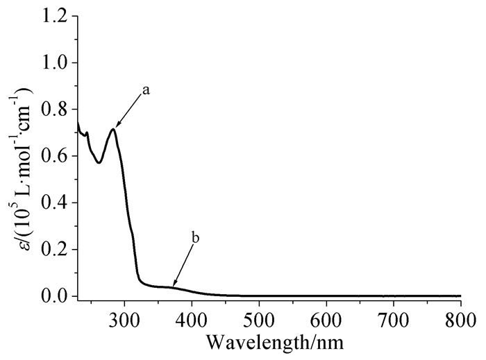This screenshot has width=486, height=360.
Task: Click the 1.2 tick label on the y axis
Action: pos(56,17)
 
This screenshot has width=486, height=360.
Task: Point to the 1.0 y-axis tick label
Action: pos(56,63)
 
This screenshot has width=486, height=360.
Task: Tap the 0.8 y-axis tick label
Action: pos(56,110)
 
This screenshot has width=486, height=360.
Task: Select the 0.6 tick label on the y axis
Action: pos(56,156)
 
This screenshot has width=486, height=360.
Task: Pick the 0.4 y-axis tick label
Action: pos(56,203)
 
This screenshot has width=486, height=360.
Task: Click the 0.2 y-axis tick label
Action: pos(56,249)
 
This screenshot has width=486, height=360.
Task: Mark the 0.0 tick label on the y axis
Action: pos(56,296)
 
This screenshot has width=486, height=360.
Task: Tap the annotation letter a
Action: pos(146,90)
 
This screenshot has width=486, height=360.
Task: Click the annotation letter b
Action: pos(196,239)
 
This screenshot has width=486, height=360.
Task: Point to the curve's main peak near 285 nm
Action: pos(113,129)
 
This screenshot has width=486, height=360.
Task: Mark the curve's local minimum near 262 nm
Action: pos(99,162)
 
